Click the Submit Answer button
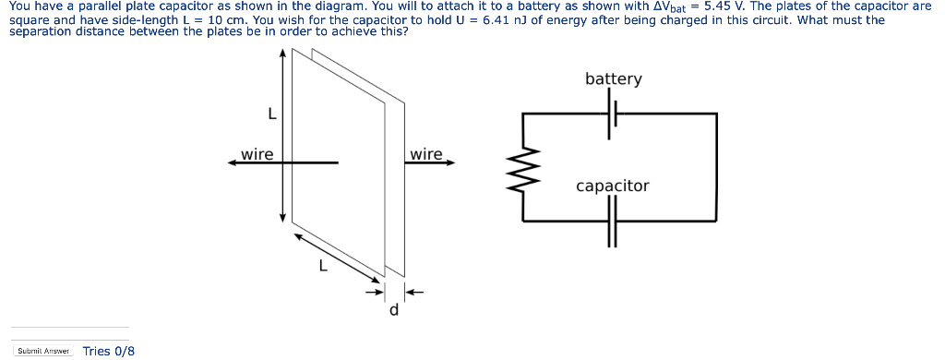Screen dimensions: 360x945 click(x=44, y=351)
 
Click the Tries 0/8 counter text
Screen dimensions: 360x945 click(x=109, y=351)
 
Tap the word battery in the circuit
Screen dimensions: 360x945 click(x=613, y=78)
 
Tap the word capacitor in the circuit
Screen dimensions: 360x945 click(x=612, y=186)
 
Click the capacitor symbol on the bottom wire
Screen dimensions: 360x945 click(x=611, y=222)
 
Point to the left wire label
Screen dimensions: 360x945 click(x=257, y=153)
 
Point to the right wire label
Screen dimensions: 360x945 click(x=425, y=153)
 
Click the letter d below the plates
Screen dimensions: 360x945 click(x=394, y=310)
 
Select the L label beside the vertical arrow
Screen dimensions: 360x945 click(x=270, y=114)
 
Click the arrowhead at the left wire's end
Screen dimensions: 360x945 click(x=234, y=162)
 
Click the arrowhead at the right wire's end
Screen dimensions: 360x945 click(x=450, y=162)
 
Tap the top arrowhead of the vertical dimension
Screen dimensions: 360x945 click(x=283, y=54)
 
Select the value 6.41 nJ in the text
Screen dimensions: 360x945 click(x=499, y=18)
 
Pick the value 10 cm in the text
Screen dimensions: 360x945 click(x=227, y=18)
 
